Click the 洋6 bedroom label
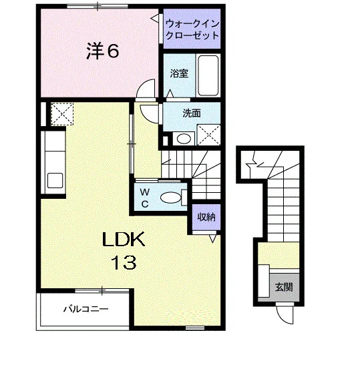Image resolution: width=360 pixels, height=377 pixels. [x=102, y=51]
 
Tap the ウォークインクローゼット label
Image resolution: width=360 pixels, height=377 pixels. [x=192, y=30]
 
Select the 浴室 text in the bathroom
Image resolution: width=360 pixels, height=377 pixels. [x=179, y=73]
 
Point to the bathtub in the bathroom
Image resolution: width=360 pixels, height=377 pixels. [x=208, y=75]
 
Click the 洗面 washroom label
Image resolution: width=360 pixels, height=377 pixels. [x=192, y=113]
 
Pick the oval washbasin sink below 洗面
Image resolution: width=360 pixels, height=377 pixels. [x=184, y=139]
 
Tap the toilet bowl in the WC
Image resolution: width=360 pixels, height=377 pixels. [x=171, y=198]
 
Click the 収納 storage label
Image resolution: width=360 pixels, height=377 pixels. [x=206, y=218]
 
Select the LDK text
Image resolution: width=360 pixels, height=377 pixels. [x=124, y=240]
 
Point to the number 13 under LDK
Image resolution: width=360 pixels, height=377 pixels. [x=124, y=262]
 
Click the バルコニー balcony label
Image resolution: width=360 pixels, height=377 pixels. [x=86, y=309]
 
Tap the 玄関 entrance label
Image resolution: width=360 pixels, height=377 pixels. [x=284, y=287]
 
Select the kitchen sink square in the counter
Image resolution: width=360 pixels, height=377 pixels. [x=55, y=181]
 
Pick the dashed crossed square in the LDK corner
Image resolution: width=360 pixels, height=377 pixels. [x=62, y=114]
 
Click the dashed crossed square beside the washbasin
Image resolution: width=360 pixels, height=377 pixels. [x=208, y=135]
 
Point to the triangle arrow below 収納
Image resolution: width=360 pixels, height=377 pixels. [x=212, y=239]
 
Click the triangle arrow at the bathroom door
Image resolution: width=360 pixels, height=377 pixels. [x=170, y=93]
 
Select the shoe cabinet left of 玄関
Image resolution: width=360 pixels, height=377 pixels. [x=264, y=281]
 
